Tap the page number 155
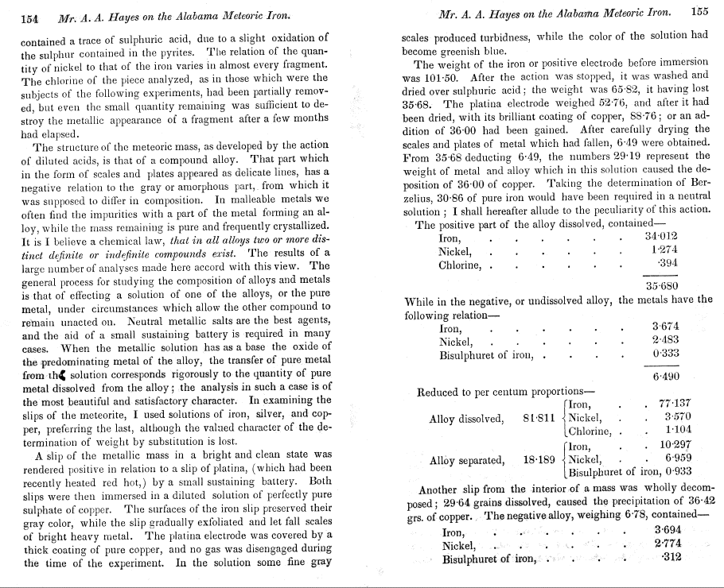click(x=699, y=12)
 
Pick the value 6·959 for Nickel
click(x=678, y=459)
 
